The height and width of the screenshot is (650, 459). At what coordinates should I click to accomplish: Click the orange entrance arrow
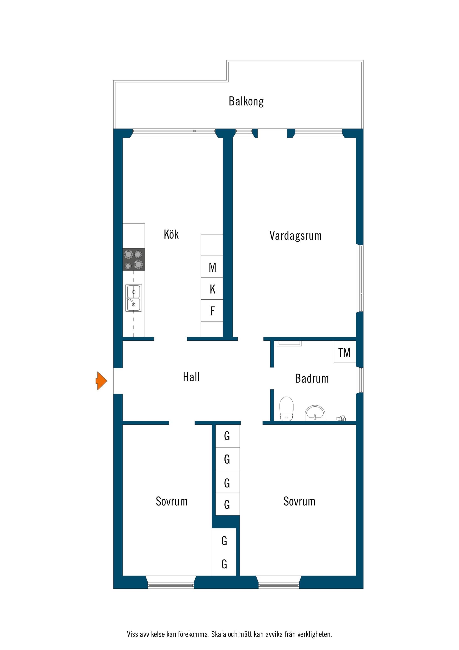(x=101, y=381)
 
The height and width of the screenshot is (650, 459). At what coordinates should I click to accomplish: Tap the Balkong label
(x=246, y=101)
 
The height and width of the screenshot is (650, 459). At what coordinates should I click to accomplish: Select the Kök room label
(x=171, y=234)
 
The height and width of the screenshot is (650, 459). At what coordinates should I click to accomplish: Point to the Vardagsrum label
(x=296, y=236)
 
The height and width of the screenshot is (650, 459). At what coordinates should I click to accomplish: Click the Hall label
(x=191, y=377)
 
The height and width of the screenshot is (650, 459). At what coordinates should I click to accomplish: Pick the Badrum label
(x=312, y=378)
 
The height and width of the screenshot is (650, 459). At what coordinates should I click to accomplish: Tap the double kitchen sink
(x=134, y=298)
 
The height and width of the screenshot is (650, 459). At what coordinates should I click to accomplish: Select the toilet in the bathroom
(x=286, y=409)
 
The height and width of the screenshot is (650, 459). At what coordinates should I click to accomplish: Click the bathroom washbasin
(x=315, y=413)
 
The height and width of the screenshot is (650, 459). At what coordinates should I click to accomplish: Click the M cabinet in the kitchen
(x=212, y=266)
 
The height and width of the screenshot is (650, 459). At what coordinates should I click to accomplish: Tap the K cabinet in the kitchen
(x=212, y=289)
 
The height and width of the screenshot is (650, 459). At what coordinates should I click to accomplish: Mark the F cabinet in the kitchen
(x=212, y=311)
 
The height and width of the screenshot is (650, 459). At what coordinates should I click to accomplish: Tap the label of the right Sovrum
(x=299, y=501)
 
